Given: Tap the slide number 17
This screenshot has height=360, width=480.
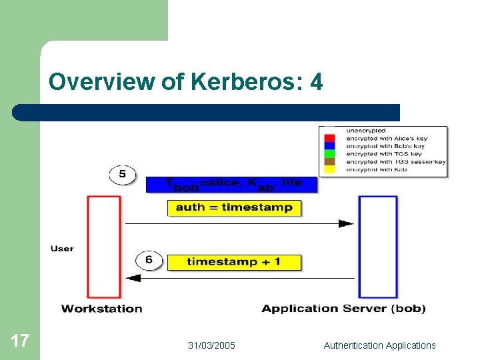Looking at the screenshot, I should (19, 341).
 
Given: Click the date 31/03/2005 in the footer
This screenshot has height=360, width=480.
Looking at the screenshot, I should (211, 345).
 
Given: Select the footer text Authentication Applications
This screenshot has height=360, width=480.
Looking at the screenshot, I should (379, 345).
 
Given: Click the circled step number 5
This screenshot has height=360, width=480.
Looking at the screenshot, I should (122, 175).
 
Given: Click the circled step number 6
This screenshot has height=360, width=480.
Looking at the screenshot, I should (148, 259).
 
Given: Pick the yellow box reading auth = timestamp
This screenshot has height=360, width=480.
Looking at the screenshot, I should (234, 208).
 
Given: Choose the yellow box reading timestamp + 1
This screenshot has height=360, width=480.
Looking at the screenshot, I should (234, 262).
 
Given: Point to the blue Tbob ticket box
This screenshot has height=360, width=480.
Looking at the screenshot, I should (231, 183).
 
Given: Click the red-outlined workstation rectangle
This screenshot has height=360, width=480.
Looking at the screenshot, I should (103, 247).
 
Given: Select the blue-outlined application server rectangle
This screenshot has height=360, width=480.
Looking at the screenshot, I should (378, 247).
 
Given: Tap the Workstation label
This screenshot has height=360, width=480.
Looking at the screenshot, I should (101, 309).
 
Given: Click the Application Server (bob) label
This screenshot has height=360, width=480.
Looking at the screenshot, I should (343, 309).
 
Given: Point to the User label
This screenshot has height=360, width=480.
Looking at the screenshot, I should (62, 249).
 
